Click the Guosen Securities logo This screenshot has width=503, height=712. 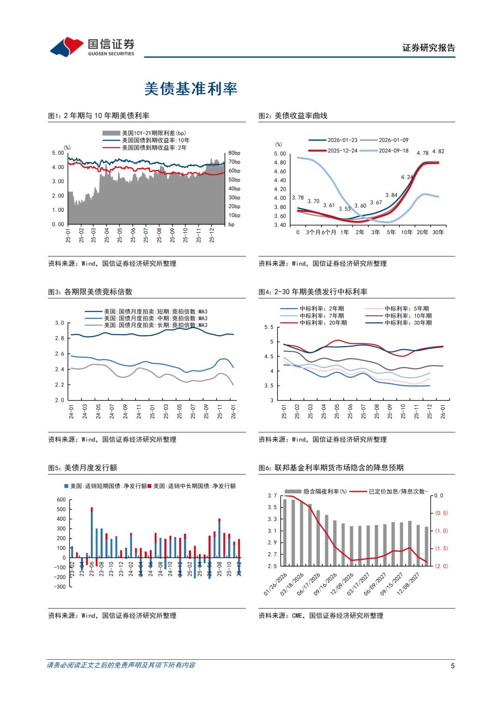92,47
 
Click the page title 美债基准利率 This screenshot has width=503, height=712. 191,89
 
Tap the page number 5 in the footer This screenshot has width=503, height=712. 452,666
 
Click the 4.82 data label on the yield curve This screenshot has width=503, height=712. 438,152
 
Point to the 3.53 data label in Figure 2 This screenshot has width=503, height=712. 345,209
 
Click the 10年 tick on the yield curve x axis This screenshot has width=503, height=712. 407,232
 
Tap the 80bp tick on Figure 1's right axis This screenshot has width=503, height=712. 234,153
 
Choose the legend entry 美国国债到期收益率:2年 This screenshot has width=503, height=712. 154,148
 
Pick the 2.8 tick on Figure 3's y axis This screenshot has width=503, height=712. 60,339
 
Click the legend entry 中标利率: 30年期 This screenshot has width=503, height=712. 408,323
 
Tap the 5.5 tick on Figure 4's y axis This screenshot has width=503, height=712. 269,327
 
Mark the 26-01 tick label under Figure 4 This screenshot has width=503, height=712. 443,411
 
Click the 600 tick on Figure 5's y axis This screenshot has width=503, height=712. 61,500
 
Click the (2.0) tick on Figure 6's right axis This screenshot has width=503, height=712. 441,566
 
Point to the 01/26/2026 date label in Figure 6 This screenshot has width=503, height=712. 276,584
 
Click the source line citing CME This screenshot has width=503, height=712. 321,616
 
